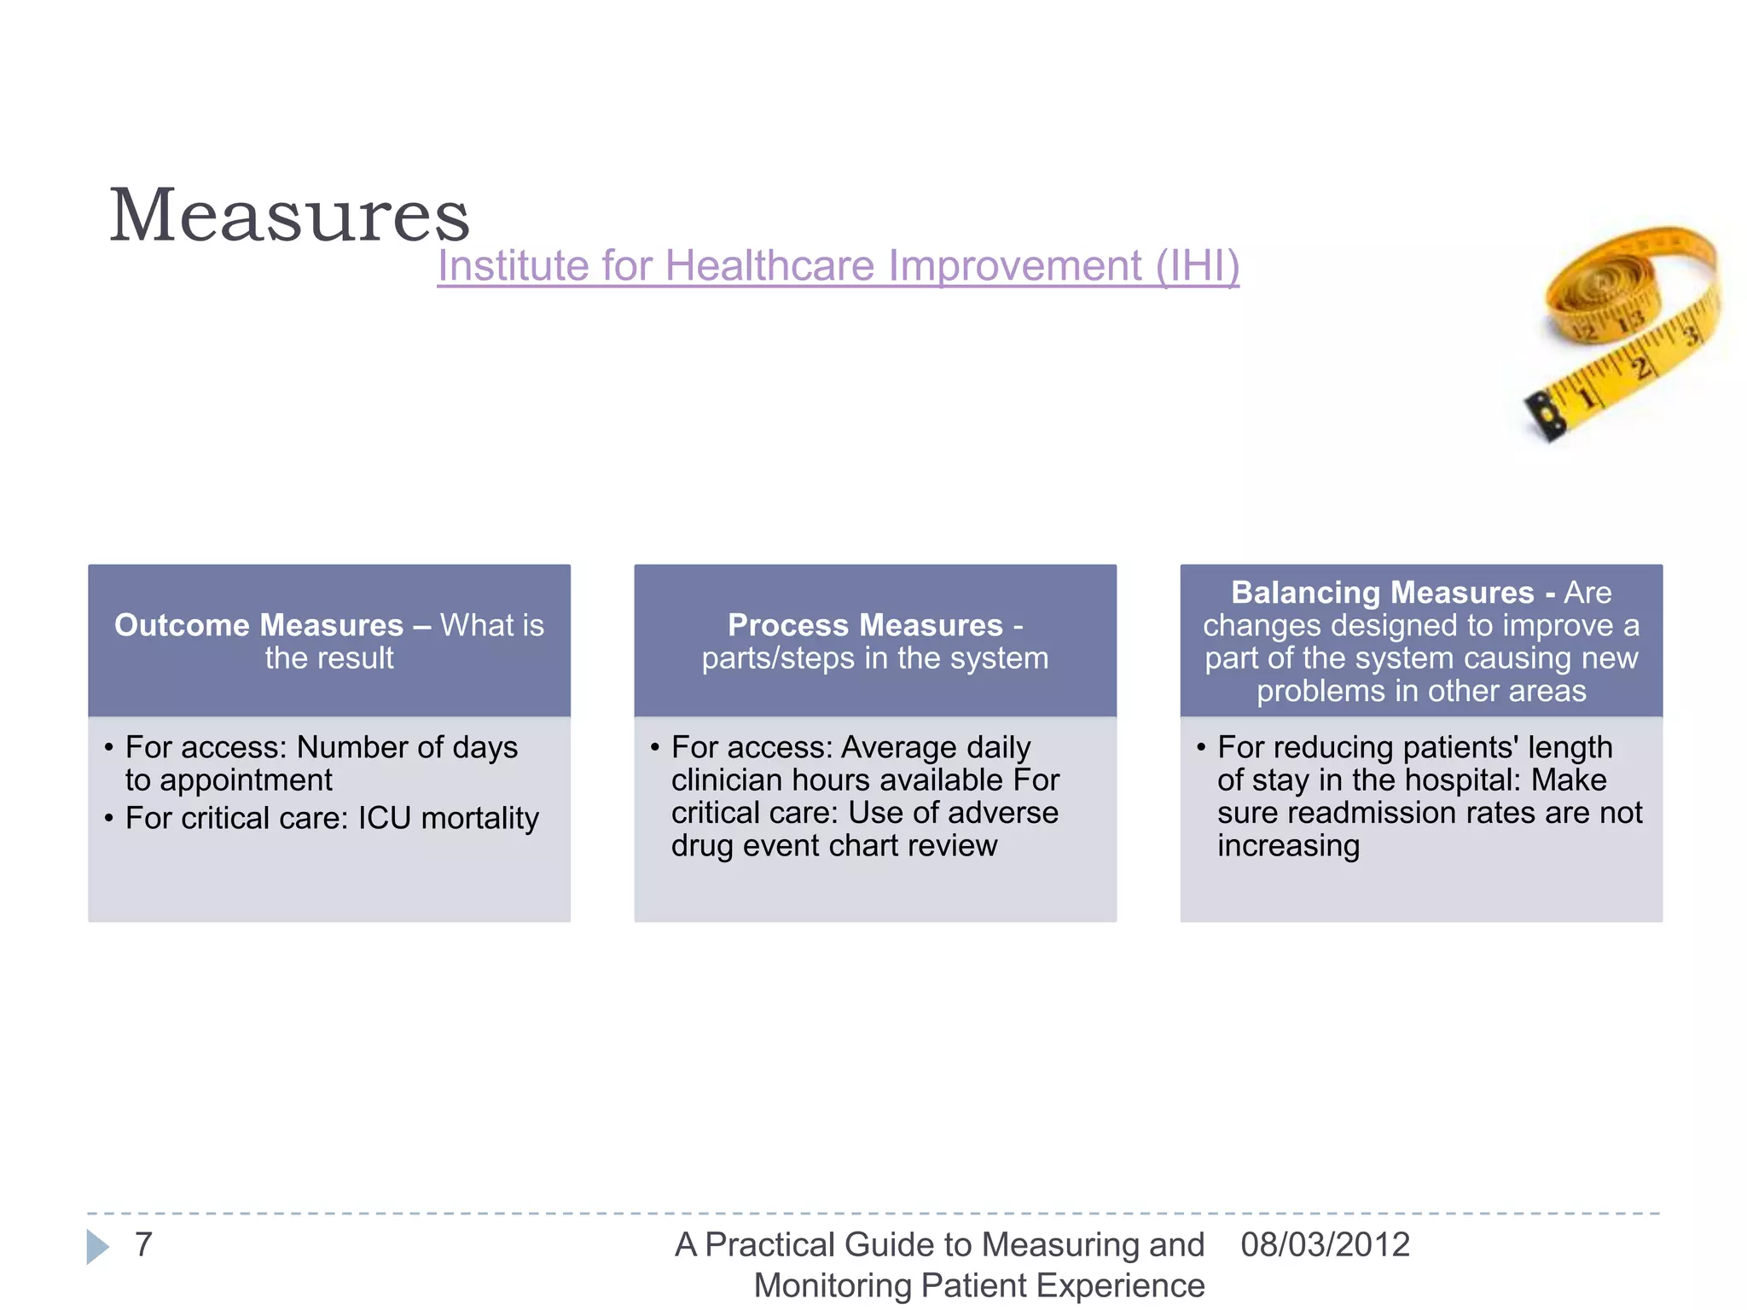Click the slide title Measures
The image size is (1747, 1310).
[289, 215]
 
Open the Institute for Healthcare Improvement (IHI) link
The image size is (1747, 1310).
[838, 265]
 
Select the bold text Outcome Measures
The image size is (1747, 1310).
[258, 625]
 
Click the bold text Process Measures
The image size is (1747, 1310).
[865, 625]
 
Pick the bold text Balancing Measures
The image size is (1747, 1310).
[1382, 593]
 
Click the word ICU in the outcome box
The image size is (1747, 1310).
[384, 818]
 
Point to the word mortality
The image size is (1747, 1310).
[480, 818]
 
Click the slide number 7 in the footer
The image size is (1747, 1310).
[143, 1244]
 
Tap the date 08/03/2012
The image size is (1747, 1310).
[1325, 1244]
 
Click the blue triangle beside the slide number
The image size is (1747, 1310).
[97, 1247]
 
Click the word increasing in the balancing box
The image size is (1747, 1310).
[1288, 846]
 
